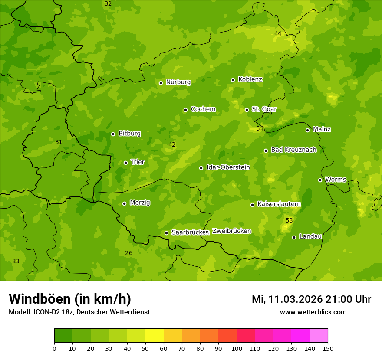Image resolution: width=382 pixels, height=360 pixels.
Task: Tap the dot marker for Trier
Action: coord(126,163)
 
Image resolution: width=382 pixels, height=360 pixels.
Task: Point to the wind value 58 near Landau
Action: coord(289,221)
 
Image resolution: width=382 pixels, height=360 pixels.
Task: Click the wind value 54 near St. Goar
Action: coord(260,129)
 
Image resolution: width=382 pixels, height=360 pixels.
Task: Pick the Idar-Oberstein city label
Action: coord(228,167)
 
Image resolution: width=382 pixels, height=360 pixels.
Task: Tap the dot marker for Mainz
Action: coord(307,130)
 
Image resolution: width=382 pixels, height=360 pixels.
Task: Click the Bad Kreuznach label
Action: coord(293,150)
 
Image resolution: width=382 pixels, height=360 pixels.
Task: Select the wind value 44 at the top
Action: coord(278,34)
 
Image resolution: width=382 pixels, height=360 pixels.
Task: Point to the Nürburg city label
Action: coord(178,82)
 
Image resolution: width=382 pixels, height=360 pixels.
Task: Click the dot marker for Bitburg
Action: coord(113,134)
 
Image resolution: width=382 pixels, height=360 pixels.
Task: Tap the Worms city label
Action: coord(336,180)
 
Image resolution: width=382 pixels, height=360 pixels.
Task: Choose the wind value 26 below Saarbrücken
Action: coord(129,253)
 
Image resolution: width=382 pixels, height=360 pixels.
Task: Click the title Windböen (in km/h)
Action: coord(70,299)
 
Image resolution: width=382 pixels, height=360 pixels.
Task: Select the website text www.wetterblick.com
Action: coord(313,312)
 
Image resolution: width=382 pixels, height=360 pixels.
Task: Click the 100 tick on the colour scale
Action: coord(237,348)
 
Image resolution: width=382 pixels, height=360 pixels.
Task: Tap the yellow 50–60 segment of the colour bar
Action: coord(154,336)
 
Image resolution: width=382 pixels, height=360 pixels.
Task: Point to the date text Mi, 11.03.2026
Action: coord(287,299)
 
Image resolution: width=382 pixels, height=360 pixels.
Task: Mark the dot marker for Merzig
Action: coord(124,203)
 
